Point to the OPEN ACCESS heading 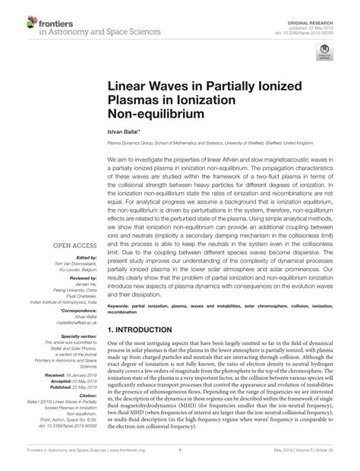point(74,225)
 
